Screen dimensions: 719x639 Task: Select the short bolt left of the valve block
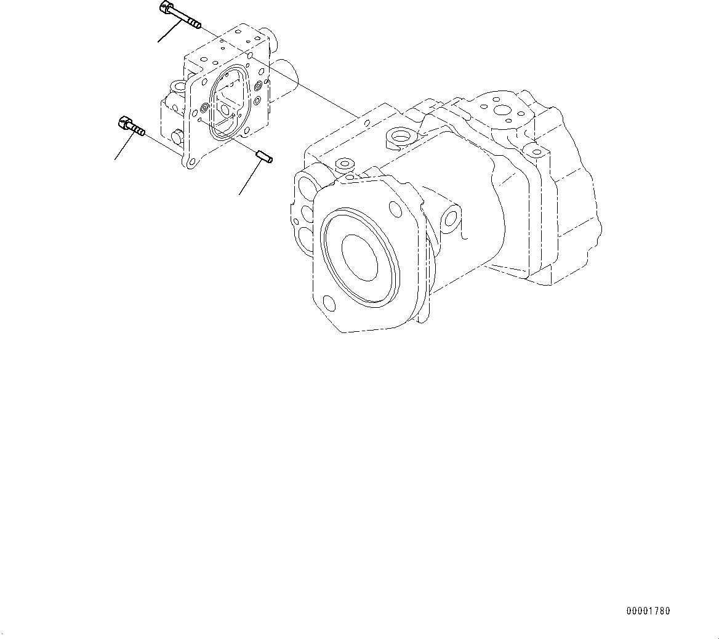pos(130,127)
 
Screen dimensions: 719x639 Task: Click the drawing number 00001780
pos(648,611)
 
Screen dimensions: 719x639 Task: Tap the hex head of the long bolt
pos(165,8)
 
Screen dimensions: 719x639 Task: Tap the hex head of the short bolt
pos(122,123)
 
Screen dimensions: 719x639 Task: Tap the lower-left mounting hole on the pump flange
pos(329,303)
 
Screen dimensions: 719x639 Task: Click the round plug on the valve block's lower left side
pos(178,135)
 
